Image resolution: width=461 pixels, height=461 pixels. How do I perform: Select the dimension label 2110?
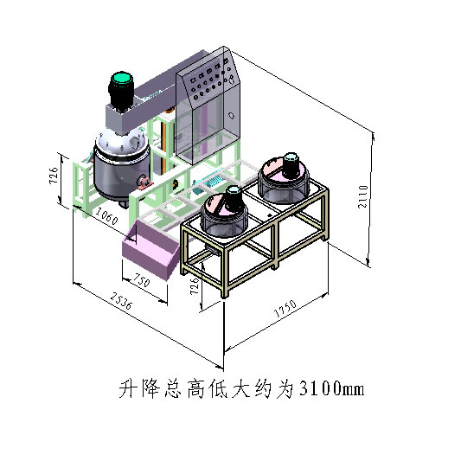pyautogui.click(x=362, y=196)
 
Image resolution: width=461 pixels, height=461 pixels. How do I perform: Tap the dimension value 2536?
pyautogui.click(x=122, y=300)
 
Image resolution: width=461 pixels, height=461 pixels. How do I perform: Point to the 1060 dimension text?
pyautogui.click(x=106, y=216)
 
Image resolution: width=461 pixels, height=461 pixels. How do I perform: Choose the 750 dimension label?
pyautogui.click(x=142, y=280)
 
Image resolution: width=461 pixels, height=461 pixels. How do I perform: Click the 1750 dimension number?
pyautogui.click(x=285, y=309)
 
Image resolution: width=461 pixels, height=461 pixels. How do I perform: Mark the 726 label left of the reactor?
pyautogui.click(x=54, y=176)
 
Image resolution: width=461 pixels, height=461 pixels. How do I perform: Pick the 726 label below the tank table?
pyautogui.click(x=195, y=286)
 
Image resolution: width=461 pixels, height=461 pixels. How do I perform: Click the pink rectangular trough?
pyautogui.click(x=150, y=250)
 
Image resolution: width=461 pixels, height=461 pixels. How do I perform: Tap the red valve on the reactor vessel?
pyautogui.click(x=144, y=182)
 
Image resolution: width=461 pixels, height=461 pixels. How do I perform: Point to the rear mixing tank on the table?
pyautogui.click(x=284, y=178)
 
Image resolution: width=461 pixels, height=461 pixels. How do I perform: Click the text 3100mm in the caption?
pyautogui.click(x=331, y=388)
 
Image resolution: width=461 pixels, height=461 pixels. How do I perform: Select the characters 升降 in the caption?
pyautogui.click(x=139, y=388)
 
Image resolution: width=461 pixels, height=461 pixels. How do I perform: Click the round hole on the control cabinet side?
pyautogui.click(x=232, y=115)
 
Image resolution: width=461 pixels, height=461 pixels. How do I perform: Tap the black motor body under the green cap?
pyautogui.click(x=121, y=94)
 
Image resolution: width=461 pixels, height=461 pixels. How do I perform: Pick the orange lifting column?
pyautogui.click(x=163, y=147)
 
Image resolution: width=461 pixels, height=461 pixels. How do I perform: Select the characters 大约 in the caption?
pyautogui.click(x=252, y=388)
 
